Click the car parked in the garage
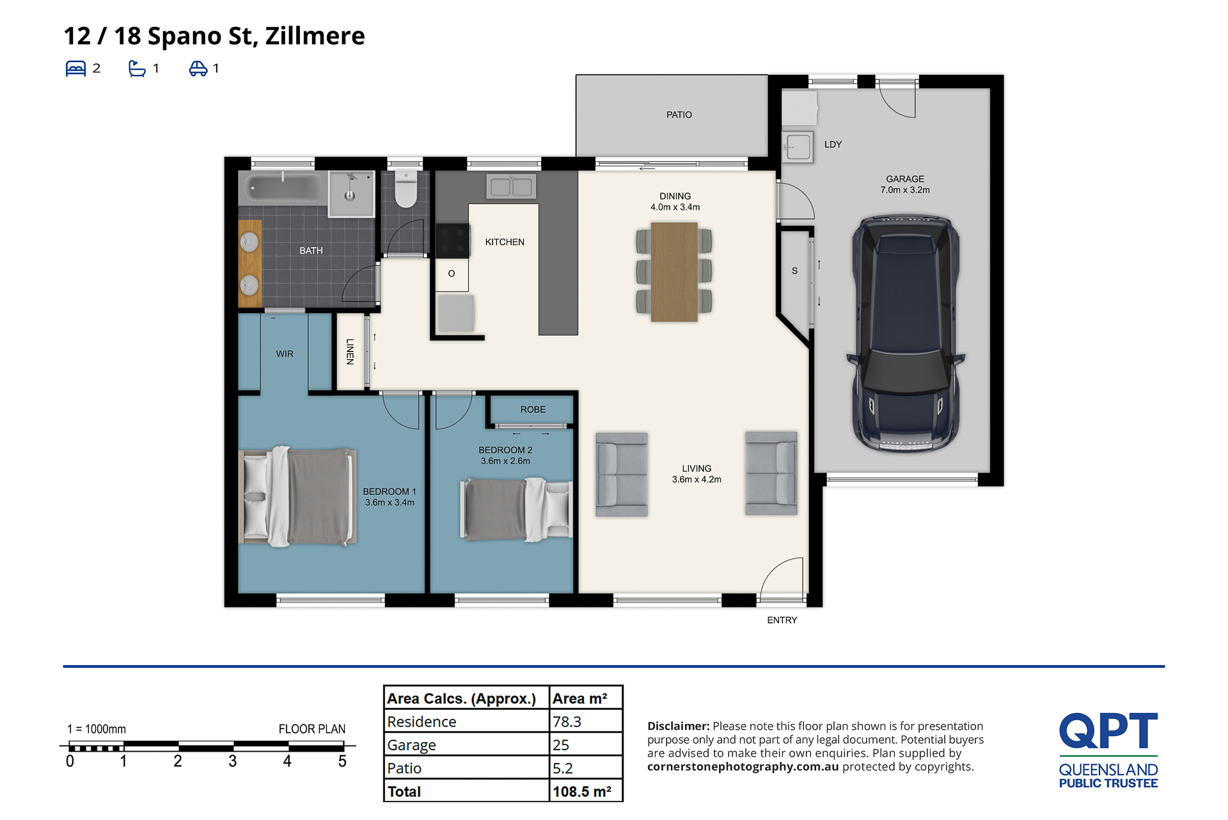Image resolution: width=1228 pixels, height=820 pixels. tap(906, 334)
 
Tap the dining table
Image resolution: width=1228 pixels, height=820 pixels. tap(674, 272)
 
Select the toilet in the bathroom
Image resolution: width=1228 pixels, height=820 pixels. tap(405, 188)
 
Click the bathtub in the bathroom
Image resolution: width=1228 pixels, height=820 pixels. tap(283, 188)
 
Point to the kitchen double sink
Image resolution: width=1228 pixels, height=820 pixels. tap(511, 187)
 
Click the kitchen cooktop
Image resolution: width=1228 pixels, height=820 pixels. tap(453, 240)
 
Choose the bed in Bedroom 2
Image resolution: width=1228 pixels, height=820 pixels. tap(516, 510)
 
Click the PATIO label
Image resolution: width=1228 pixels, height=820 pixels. tap(679, 115)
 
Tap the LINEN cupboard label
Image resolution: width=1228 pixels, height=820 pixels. tap(350, 351)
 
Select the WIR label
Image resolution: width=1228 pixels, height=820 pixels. tap(285, 354)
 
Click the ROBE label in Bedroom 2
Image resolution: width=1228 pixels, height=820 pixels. tap(533, 410)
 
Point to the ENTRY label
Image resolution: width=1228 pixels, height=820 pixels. tap(782, 620)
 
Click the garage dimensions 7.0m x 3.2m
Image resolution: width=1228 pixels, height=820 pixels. tap(905, 190)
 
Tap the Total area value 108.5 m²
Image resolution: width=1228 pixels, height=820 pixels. tap(582, 792)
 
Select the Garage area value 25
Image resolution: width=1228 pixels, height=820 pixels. tap(561, 745)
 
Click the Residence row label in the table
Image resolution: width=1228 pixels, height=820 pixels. tap(421, 722)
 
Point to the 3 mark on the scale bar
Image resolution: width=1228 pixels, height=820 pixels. tap(233, 761)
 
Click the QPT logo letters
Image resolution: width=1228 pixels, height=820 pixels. tap(1108, 731)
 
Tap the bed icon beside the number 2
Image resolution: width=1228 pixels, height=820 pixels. tap(75, 68)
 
